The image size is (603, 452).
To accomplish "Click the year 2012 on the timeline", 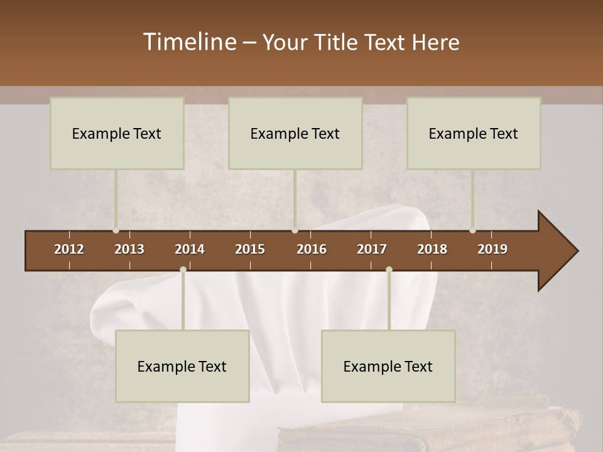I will [x=69, y=249].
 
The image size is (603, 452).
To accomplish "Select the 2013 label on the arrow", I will [x=129, y=249].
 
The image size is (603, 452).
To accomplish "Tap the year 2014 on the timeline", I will [x=190, y=249].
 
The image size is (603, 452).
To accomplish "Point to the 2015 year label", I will [x=250, y=249].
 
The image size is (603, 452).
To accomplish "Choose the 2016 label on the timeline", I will [x=312, y=249].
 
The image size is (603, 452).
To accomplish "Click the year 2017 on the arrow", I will [x=372, y=249].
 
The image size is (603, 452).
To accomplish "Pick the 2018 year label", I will [x=432, y=249].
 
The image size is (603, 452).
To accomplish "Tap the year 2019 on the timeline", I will [x=492, y=249].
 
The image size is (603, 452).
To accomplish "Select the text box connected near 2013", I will [x=117, y=133].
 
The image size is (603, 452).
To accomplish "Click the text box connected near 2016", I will [x=295, y=133].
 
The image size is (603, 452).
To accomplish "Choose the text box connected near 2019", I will [x=474, y=133].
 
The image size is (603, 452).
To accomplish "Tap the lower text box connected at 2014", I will [x=182, y=366].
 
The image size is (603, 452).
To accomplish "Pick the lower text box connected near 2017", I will [x=388, y=366].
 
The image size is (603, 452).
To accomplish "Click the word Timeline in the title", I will [x=189, y=42].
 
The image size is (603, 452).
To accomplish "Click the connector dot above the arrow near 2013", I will [x=116, y=230].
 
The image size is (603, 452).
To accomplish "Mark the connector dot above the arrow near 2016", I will [x=295, y=230].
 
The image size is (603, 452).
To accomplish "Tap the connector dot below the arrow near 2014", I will [x=183, y=269].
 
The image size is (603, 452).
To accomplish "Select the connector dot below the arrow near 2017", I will [x=389, y=269].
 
